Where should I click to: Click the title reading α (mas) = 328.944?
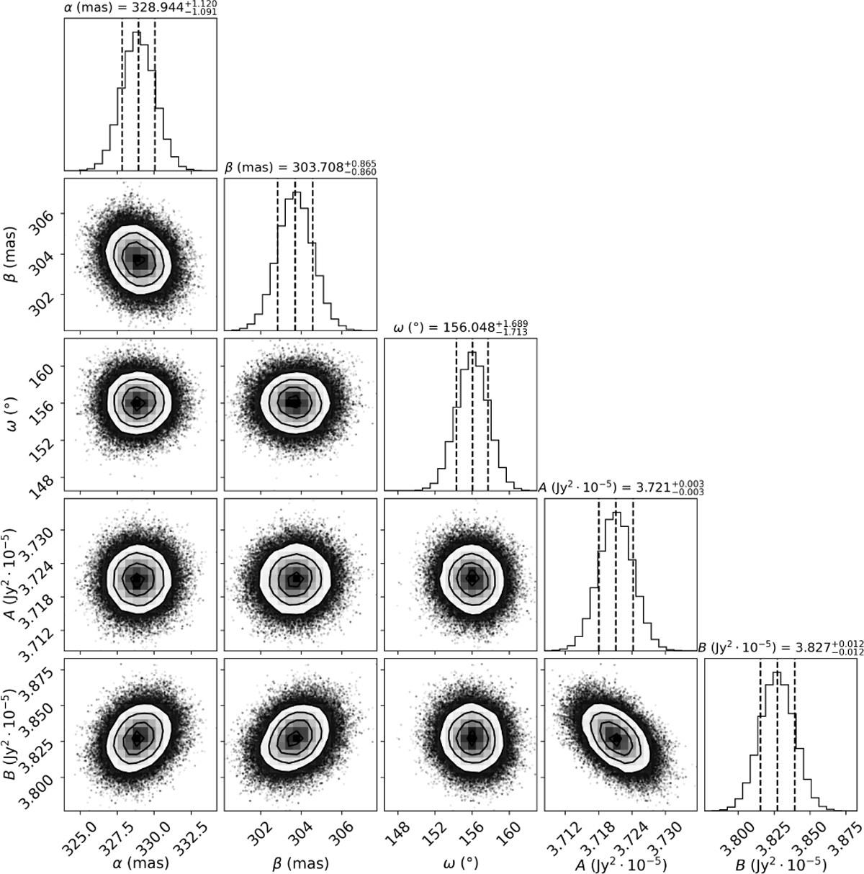[x=140, y=8]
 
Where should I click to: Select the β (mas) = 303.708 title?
[x=300, y=167]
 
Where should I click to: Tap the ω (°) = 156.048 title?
[x=461, y=327]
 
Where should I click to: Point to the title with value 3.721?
[x=621, y=487]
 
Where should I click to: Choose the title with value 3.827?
[x=780, y=648]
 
